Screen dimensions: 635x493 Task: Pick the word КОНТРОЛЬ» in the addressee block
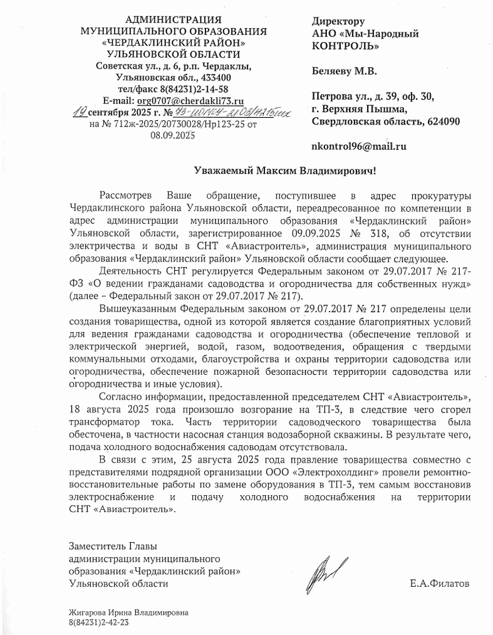[345, 46]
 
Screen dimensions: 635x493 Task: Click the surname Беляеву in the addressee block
[333, 71]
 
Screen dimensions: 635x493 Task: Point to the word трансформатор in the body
[103, 423]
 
